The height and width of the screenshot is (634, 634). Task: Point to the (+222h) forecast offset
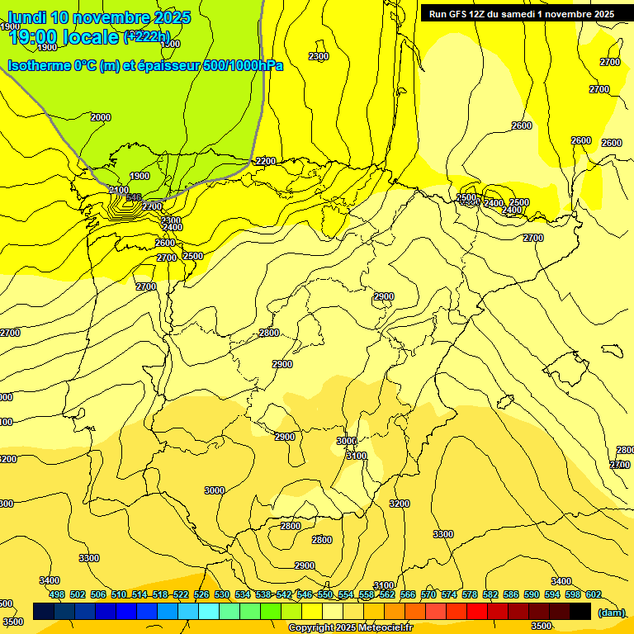coord(146,36)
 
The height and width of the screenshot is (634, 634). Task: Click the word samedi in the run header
coord(513,14)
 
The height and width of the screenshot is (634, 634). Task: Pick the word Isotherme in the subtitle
coord(38,65)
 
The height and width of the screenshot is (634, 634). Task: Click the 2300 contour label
coord(319,56)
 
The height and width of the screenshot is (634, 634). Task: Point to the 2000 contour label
coord(101,117)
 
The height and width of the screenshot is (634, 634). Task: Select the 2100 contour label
coord(119,190)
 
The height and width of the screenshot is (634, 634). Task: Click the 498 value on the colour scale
coord(56,594)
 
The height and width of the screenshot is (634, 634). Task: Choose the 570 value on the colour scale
coord(428,594)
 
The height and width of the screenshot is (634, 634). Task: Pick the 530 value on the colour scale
coord(222,594)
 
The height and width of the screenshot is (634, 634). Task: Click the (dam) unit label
coord(611,612)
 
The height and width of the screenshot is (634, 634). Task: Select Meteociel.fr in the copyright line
coord(386,628)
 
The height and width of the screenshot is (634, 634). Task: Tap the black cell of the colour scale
coord(580,611)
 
